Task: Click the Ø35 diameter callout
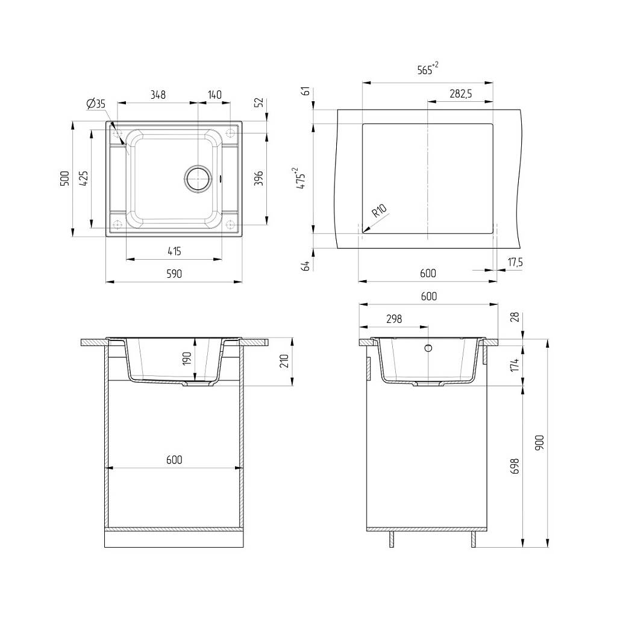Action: [x=96, y=104]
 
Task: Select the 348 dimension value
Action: [x=158, y=95]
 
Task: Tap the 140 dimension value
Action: [x=215, y=95]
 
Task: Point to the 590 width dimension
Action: [x=174, y=274]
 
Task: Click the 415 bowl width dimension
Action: [x=174, y=251]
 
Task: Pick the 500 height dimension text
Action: [x=64, y=178]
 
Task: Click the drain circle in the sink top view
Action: [x=199, y=178]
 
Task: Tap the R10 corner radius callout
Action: [x=380, y=211]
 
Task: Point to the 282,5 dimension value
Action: [x=461, y=93]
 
